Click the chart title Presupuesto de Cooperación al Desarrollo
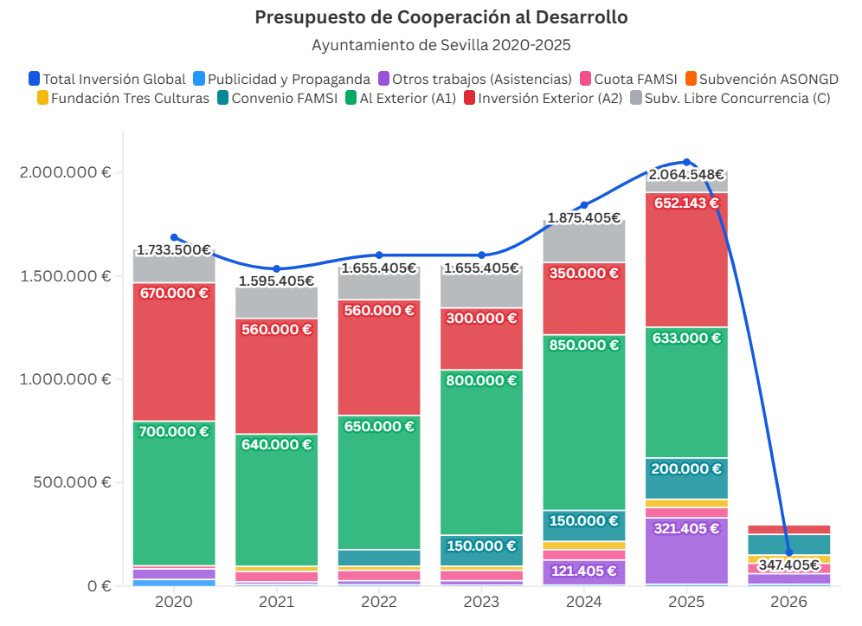[x=441, y=17]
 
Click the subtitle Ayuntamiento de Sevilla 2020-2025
[x=441, y=44]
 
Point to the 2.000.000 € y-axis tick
[x=65, y=172]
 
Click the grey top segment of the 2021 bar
[x=277, y=303]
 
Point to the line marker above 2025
[x=687, y=162]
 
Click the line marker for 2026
[x=789, y=552]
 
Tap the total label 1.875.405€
[x=584, y=218]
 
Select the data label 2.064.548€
[x=686, y=175]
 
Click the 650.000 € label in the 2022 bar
[x=379, y=426]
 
